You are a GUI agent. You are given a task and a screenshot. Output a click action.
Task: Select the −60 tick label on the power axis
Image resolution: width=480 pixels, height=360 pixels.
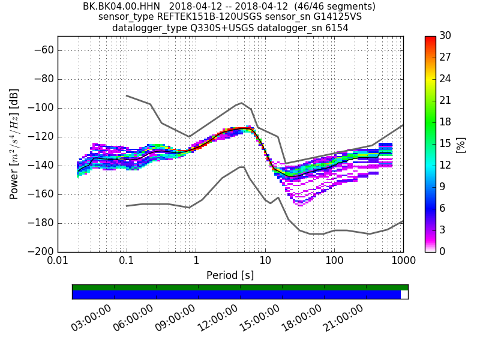pyautogui.click(x=43, y=50)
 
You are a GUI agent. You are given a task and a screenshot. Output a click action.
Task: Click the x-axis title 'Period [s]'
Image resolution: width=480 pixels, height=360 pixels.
pyautogui.click(x=230, y=275)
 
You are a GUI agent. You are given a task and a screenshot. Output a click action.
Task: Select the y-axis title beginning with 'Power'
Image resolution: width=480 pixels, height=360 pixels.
pyautogui.click(x=14, y=144)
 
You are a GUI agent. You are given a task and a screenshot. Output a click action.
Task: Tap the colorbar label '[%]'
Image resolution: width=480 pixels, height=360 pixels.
pyautogui.click(x=460, y=144)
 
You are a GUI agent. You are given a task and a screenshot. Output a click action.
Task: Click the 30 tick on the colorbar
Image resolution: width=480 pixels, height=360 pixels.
pyautogui.click(x=445, y=36)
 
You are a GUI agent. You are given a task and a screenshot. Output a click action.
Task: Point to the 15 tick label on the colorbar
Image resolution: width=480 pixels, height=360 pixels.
pyautogui.click(x=445, y=144)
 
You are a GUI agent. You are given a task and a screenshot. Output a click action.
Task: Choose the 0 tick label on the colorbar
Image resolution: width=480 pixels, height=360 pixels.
pyautogui.click(x=443, y=251)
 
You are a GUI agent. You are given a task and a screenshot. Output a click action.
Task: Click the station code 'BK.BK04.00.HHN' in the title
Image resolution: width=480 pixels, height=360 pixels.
pyautogui.click(x=121, y=7)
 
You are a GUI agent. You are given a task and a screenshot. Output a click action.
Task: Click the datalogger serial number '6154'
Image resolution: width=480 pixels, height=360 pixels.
pyautogui.click(x=337, y=28)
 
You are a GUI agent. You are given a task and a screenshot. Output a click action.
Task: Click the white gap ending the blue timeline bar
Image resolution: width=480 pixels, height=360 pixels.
pyautogui.click(x=404, y=295)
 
